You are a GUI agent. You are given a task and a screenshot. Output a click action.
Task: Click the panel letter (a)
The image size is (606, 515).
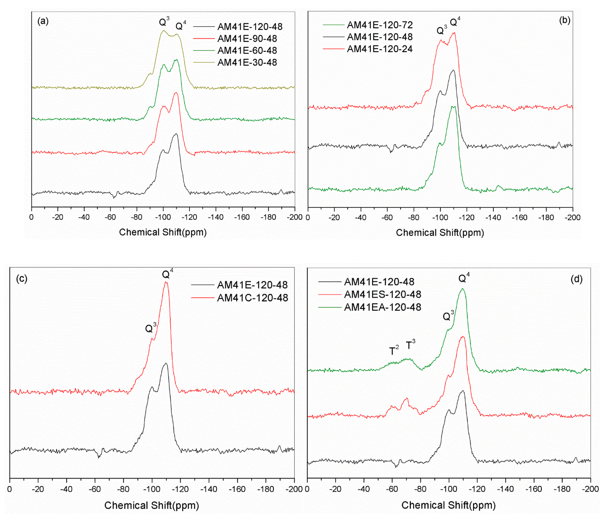point(43,21)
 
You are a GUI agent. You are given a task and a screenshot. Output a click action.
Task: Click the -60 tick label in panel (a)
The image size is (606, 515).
point(110,217)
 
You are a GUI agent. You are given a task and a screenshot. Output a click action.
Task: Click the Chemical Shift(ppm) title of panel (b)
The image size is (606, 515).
point(440,233)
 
